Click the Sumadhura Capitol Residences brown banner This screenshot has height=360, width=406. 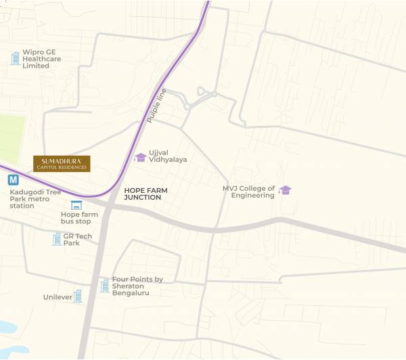pyautogui.click(x=62, y=164)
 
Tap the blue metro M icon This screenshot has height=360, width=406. pyautogui.click(x=13, y=180)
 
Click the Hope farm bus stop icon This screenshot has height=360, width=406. pyautogui.click(x=76, y=205)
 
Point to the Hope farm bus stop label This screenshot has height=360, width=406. pyautogui.click(x=79, y=218)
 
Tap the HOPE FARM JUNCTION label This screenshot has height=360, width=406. pyautogui.click(x=145, y=194)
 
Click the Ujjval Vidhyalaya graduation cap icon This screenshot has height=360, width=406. pyautogui.click(x=140, y=158)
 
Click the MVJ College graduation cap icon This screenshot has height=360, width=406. pyautogui.click(x=286, y=190)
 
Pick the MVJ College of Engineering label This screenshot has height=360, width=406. pyautogui.click(x=249, y=192)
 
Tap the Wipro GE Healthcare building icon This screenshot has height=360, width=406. pyautogui.click(x=15, y=59)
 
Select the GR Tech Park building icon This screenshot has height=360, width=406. pyautogui.click(x=56, y=239)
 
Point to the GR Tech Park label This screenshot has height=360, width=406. pyautogui.click(x=77, y=240)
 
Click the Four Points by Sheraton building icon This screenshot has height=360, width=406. pyautogui.click(x=105, y=286)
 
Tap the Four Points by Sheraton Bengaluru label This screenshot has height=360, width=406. pyautogui.click(x=137, y=286)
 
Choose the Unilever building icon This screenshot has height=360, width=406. pyautogui.click(x=77, y=296)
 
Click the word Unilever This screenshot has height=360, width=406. pyautogui.click(x=57, y=297)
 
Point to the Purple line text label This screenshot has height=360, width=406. pyautogui.click(x=156, y=105)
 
